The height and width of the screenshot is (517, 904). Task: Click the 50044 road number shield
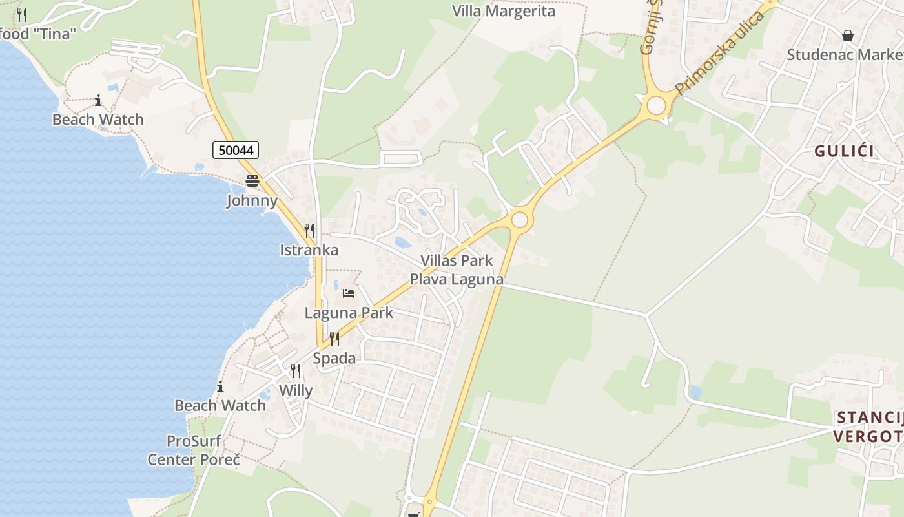point(236,151)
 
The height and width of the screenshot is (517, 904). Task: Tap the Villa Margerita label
point(503,12)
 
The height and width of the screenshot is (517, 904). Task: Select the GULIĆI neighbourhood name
point(844,151)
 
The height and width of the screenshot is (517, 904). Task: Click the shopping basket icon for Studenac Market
point(847,35)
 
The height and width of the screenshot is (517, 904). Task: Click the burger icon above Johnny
point(252,181)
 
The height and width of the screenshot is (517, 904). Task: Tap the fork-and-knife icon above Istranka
point(309,231)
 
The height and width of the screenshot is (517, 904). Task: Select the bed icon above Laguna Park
point(349,293)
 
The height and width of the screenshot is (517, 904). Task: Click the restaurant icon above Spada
point(334,339)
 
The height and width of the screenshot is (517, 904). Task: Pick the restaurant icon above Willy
point(296,371)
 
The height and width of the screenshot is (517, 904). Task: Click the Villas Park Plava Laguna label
point(457,270)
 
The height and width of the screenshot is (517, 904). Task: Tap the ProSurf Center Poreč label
point(194,450)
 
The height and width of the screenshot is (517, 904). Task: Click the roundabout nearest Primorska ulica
point(656,105)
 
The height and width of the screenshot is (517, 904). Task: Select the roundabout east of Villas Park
point(519,220)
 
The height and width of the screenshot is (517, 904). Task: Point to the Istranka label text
point(309,250)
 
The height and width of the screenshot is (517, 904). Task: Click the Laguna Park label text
point(349,313)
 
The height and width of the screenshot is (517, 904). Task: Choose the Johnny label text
point(252,200)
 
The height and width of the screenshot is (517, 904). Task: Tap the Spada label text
point(334,358)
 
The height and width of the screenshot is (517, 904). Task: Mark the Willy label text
point(296,390)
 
